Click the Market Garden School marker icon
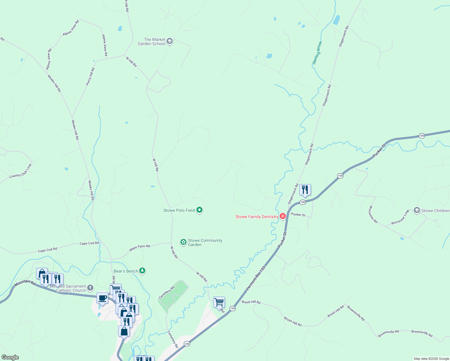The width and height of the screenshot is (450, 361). tap(170, 41)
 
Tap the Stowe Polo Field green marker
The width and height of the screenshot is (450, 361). tap(199, 210)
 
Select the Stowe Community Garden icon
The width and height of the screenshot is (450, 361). tap(183, 242)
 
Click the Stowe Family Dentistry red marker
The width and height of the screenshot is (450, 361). tap(283, 216)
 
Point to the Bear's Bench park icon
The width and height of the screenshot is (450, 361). tap(143, 271)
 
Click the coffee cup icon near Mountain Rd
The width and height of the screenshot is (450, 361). tap(102, 298)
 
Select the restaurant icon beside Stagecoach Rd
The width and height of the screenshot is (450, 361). tap(305, 190)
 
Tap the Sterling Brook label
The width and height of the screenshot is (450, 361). tap(317, 53)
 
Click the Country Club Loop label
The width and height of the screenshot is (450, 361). tap(20, 171)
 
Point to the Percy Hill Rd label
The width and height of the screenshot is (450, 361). tap(90, 76)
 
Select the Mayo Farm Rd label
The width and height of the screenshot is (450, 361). tap(140, 248)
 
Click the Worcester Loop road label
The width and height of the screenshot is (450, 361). tap(400, 218)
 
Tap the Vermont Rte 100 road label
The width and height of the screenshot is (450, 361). tap(256, 278)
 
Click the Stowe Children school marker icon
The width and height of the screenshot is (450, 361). tap(417, 210)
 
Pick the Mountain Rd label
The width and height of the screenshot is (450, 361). tap(25, 282)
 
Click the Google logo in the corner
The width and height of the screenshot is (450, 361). tap(10, 357)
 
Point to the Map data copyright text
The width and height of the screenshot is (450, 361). tap(431, 359)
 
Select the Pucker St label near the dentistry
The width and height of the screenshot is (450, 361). tap(298, 214)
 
